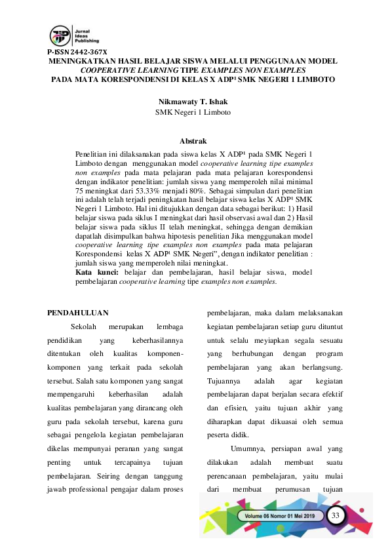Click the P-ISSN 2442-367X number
click(x=77, y=52)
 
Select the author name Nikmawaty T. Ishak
click(x=193, y=102)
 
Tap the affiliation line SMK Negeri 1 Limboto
click(x=193, y=112)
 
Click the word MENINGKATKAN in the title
click(x=83, y=61)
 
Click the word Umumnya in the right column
click(x=248, y=449)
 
